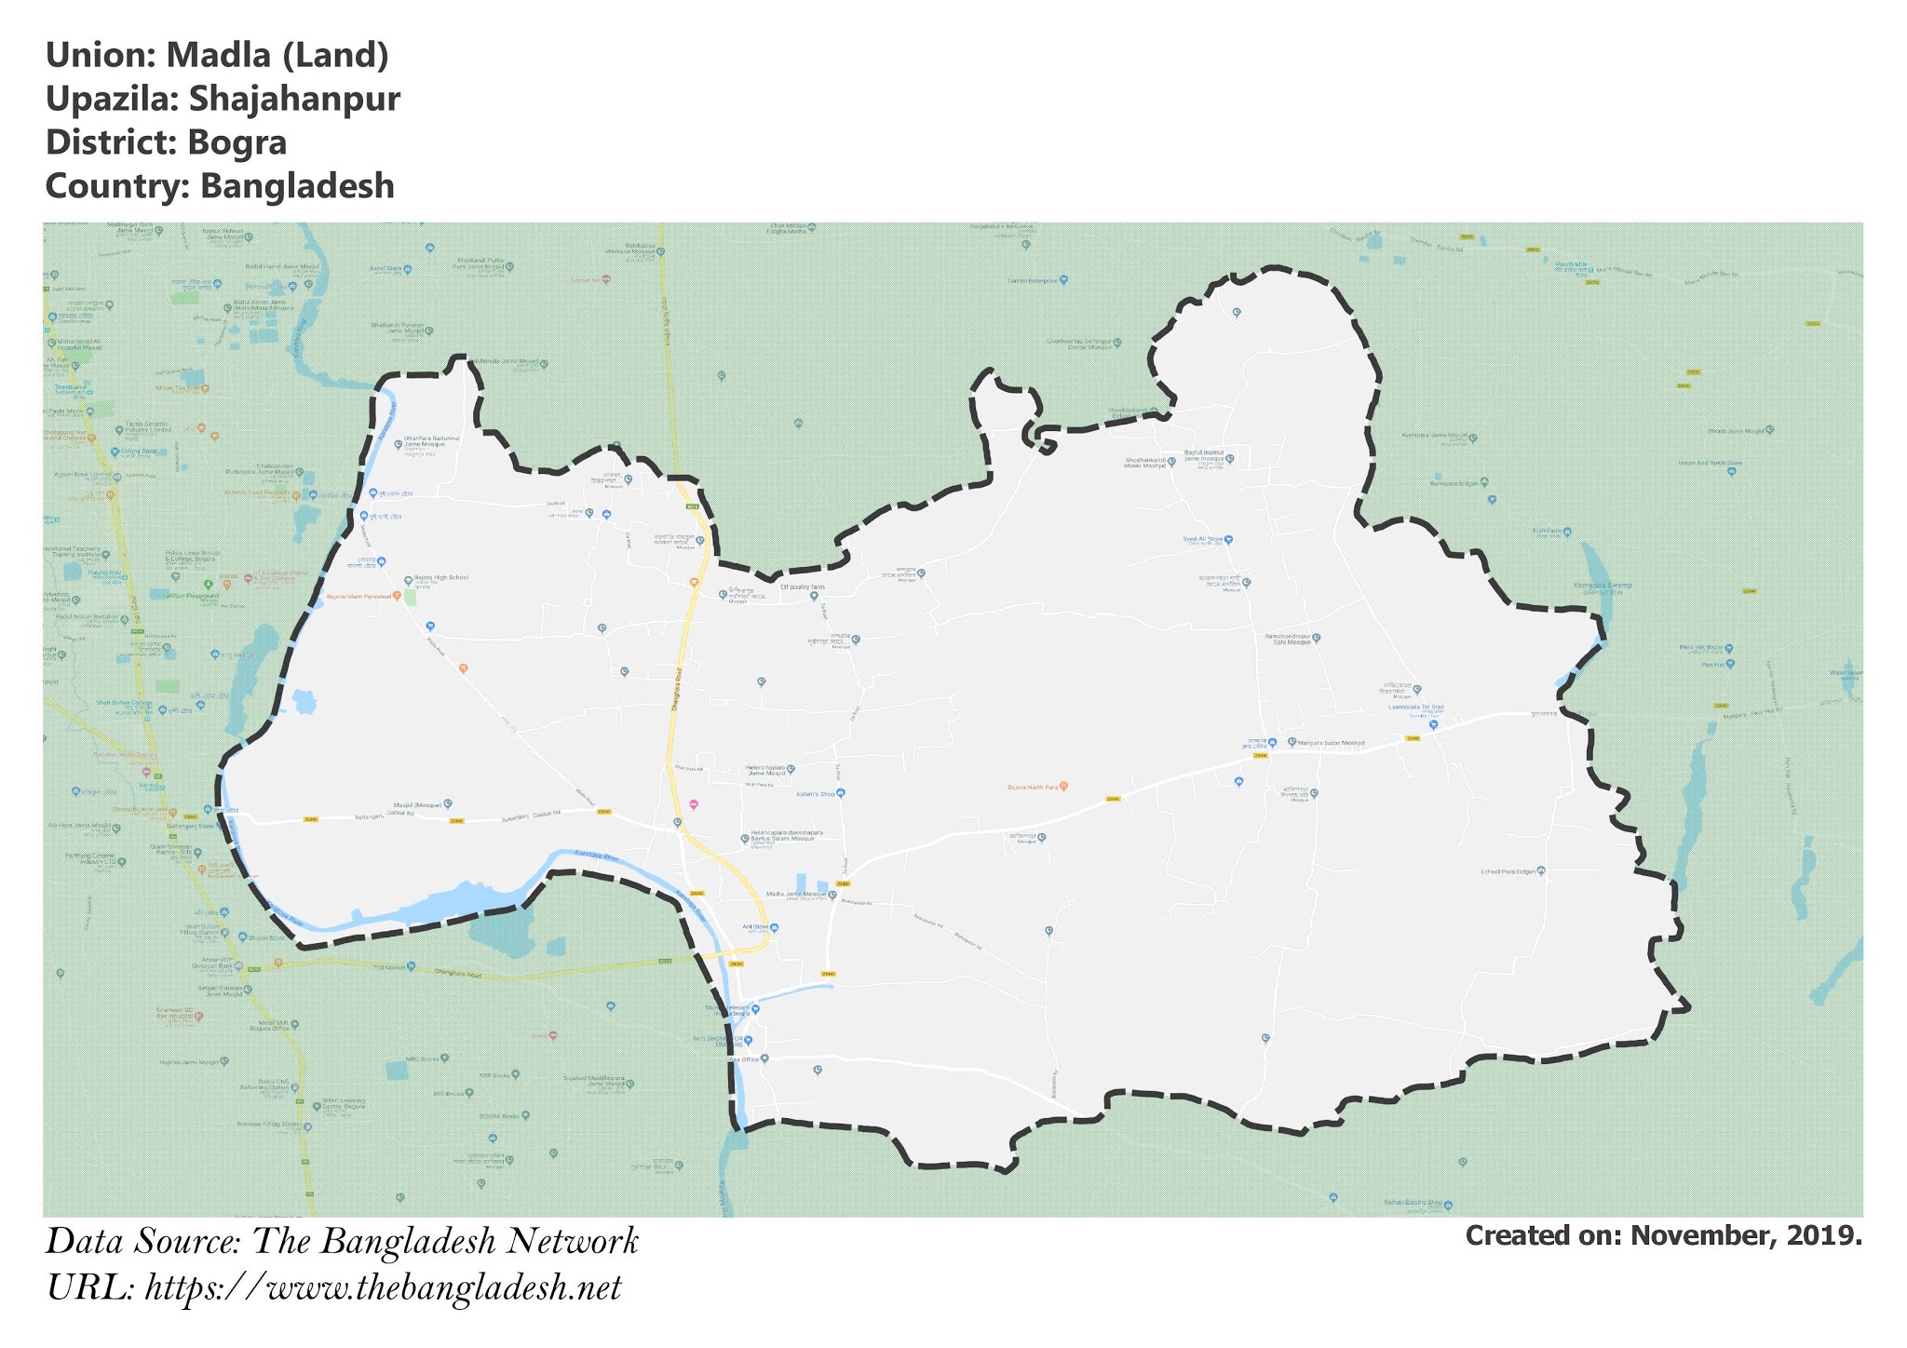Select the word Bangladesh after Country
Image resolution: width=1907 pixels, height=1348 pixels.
pos(298,186)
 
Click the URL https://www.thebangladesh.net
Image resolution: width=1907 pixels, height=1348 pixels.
pos(383,1288)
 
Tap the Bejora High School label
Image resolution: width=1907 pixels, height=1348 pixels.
pos(440,578)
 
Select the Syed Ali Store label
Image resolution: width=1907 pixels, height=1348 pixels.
pos(1202,539)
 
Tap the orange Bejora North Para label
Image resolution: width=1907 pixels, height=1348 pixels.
pos(1033,788)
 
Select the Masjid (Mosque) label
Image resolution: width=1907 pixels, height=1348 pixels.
pos(416,803)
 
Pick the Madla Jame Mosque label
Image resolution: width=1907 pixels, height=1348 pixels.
pos(795,895)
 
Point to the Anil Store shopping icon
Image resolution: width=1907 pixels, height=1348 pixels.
pos(774,928)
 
